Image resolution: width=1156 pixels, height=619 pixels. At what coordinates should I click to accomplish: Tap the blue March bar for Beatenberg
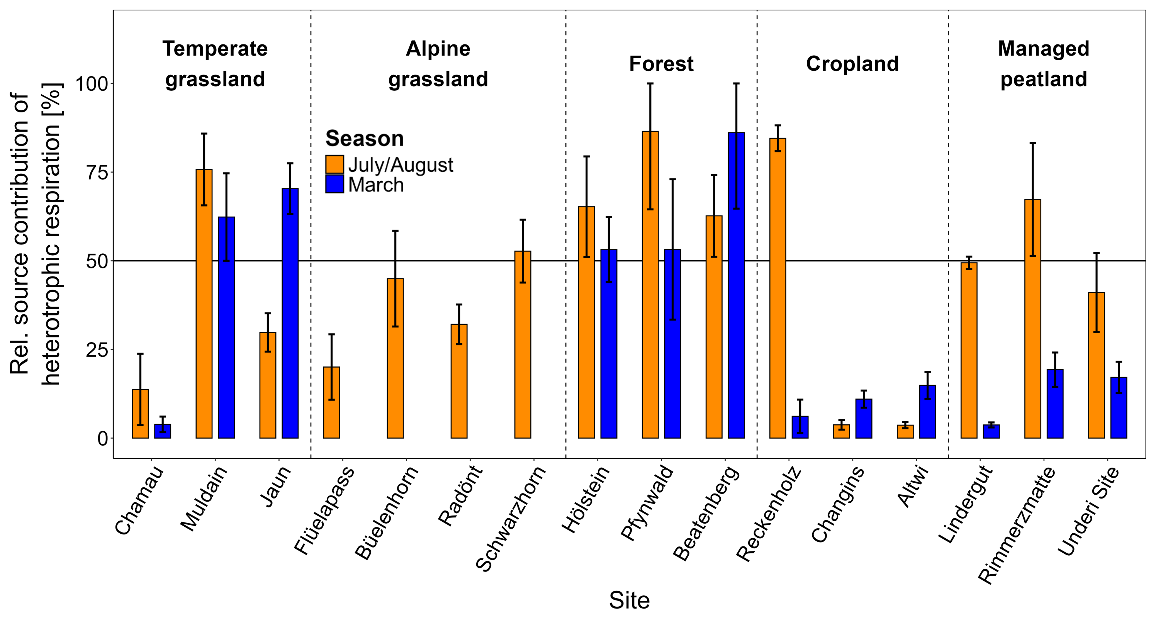tap(736, 285)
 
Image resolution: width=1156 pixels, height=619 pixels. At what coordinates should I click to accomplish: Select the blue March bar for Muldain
tap(226, 327)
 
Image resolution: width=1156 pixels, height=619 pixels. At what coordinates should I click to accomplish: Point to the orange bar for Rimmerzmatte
tap(1032, 319)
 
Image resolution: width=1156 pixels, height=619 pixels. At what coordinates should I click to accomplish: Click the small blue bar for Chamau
tap(163, 431)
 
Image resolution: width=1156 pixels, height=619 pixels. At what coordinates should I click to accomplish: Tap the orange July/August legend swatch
tap(334, 165)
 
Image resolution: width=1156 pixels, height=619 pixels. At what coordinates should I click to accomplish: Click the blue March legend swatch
tap(334, 184)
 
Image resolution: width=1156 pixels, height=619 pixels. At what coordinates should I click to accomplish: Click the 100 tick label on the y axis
tap(92, 84)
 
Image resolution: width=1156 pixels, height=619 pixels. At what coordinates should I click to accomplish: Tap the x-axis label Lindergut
tap(966, 505)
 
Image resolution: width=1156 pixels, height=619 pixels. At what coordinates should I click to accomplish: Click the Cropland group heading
tap(852, 64)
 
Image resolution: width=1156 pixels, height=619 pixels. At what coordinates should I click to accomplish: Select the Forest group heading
tap(661, 64)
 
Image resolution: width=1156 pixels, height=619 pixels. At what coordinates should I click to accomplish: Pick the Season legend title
tap(364, 139)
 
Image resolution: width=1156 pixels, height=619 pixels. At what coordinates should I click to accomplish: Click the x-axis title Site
tap(629, 600)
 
